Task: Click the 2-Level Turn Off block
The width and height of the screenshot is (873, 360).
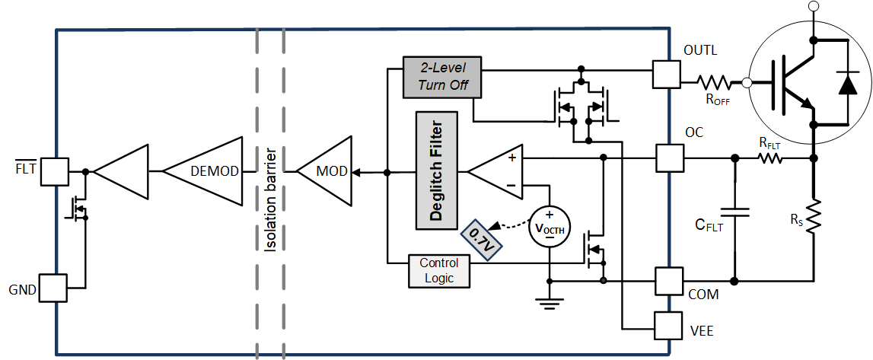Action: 442,77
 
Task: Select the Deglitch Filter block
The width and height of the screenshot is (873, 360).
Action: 436,170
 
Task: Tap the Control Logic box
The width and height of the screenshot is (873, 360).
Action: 439,271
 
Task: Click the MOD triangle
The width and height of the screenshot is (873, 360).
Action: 328,172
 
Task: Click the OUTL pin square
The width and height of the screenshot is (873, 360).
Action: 667,75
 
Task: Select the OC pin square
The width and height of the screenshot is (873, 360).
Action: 667,158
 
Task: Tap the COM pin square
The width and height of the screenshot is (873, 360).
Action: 667,281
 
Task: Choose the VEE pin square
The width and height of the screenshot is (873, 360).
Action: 667,327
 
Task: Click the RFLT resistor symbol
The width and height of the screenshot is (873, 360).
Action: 769,158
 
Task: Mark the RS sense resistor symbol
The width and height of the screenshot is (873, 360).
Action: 814,217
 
